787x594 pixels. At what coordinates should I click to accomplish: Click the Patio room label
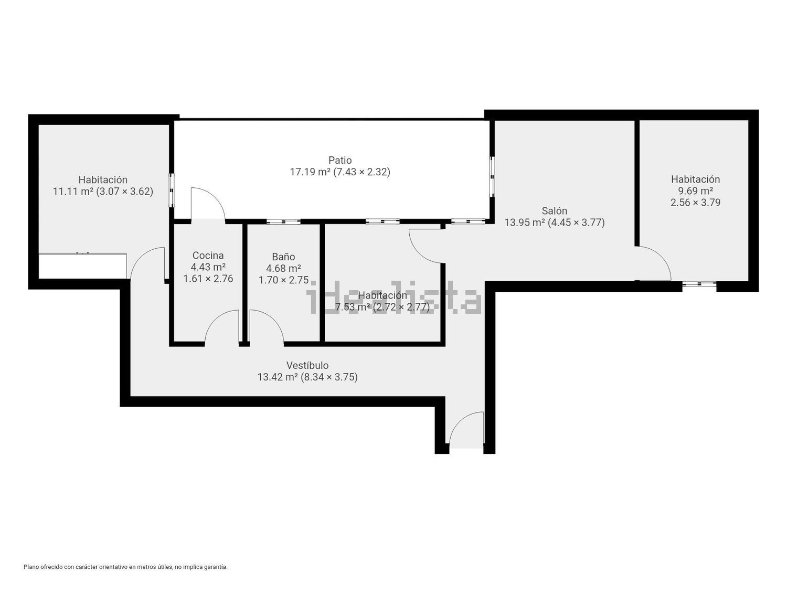340,160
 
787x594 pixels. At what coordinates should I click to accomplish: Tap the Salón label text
554,211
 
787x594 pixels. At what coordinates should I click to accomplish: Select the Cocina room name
208,256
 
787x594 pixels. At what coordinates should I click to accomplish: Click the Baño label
283,257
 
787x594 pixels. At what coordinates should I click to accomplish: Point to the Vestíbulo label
307,365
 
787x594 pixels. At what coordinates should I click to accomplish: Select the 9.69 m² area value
695,191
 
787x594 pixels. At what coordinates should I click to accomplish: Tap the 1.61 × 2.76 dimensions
208,279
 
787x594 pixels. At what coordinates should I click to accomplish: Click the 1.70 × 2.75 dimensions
283,280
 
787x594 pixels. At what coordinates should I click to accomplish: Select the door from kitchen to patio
208,205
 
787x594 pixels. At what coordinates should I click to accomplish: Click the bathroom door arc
267,327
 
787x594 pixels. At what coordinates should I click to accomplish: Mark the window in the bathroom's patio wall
283,222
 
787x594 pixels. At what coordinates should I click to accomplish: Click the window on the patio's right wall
492,177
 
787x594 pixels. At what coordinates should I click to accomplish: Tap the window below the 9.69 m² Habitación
699,284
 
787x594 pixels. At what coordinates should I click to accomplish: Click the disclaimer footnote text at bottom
125,567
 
